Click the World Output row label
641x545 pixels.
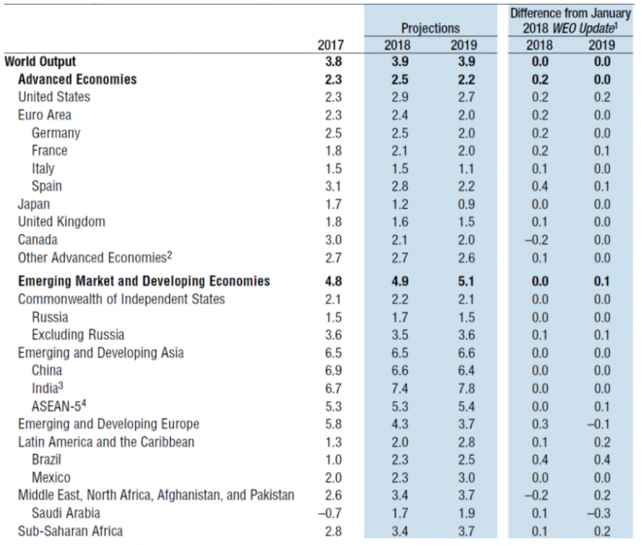[40, 61]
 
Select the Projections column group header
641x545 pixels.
[430, 28]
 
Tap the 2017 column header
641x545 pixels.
[331, 45]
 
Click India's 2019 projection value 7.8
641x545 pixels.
[466, 388]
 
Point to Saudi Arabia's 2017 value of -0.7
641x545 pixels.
[330, 513]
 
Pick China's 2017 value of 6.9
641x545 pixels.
[333, 370]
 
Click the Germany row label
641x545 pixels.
[56, 133]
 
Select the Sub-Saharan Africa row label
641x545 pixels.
[70, 530]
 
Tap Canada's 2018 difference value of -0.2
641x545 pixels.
[536, 240]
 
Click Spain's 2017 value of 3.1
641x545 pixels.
[333, 187]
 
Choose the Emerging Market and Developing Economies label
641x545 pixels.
[144, 282]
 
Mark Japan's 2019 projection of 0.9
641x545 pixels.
[466, 204]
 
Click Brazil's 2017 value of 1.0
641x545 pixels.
[333, 460]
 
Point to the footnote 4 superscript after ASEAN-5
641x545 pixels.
[84, 403]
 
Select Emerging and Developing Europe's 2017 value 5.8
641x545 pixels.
[333, 424]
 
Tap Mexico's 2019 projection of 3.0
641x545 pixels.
[466, 478]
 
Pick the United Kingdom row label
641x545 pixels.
[62, 221]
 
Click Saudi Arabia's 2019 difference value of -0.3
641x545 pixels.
[598, 513]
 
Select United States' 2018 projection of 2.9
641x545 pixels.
[400, 97]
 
